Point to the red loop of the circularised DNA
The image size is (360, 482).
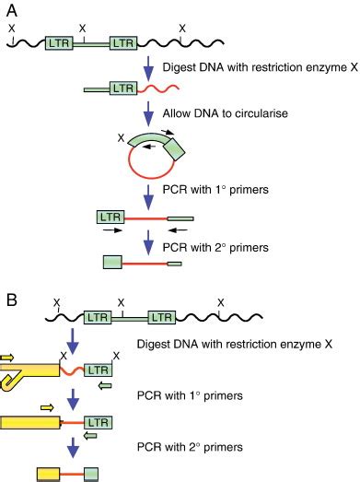(141, 171)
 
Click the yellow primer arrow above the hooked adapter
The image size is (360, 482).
(7, 356)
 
